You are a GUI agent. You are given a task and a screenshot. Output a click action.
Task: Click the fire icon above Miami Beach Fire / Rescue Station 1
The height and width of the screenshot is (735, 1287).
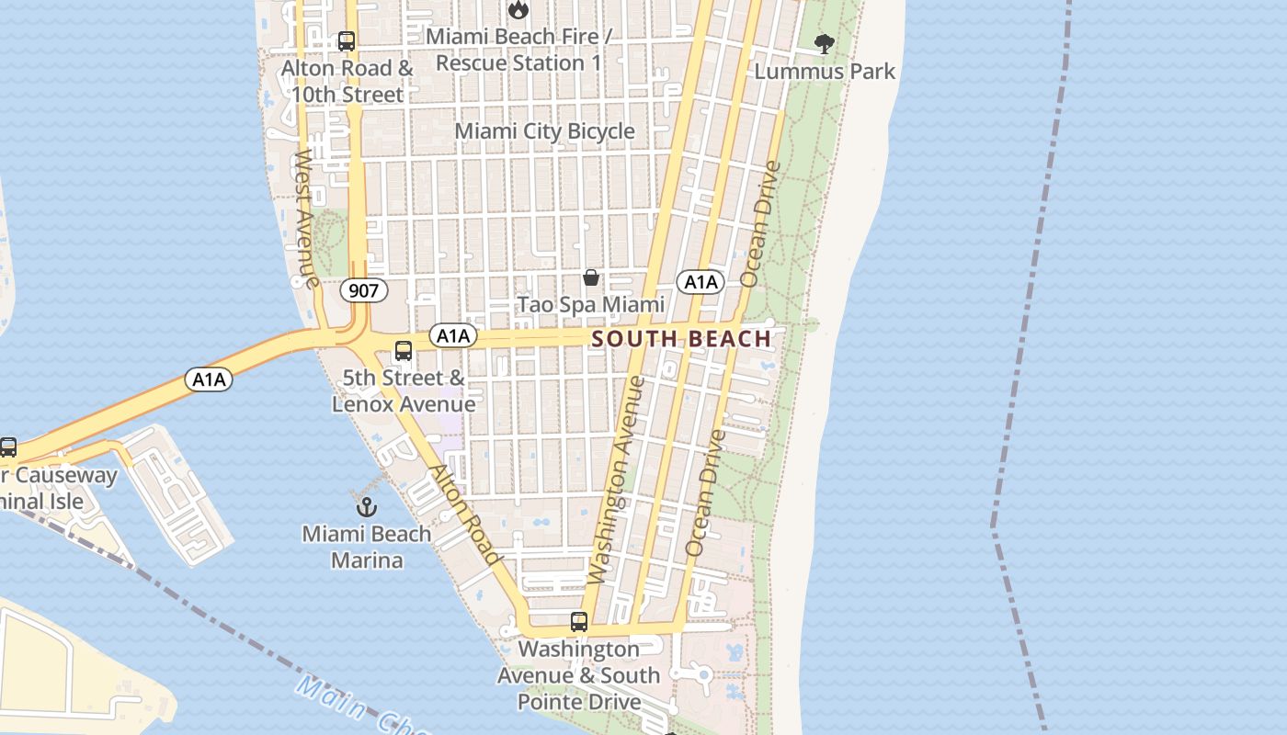(x=518, y=10)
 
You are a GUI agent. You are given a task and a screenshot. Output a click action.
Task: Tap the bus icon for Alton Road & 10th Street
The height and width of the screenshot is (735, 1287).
(x=347, y=41)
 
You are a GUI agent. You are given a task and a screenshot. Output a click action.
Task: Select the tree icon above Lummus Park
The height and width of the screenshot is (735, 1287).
(x=825, y=43)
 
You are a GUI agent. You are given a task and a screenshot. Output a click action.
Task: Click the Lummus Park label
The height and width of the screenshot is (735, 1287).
(x=825, y=71)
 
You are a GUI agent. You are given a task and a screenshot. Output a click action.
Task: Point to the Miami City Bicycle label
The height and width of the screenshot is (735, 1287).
(x=544, y=131)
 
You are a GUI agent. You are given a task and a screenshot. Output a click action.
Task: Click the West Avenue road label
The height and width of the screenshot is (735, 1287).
(x=306, y=219)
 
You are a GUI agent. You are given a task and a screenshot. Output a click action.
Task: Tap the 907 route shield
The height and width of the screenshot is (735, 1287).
(x=364, y=291)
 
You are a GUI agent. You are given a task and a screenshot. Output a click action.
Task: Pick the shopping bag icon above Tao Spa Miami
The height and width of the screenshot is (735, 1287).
(x=591, y=277)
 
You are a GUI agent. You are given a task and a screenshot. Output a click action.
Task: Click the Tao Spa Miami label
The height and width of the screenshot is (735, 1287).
(x=590, y=304)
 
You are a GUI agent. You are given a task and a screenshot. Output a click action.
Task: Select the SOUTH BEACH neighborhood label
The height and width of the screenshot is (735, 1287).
(x=681, y=339)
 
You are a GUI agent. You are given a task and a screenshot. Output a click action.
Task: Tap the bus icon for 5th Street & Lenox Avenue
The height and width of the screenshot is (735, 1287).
(x=403, y=351)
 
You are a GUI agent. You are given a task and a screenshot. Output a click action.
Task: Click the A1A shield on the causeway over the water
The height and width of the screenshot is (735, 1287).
(x=210, y=379)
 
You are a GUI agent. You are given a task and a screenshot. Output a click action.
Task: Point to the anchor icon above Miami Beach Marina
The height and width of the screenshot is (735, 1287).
(x=366, y=506)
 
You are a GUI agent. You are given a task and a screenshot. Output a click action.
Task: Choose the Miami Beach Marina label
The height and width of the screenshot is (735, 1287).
(x=366, y=547)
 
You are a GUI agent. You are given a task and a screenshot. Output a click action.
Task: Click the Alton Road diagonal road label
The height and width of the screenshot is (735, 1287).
(x=466, y=515)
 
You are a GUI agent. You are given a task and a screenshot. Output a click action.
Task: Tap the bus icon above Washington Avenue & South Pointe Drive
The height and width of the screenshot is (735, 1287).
(x=578, y=622)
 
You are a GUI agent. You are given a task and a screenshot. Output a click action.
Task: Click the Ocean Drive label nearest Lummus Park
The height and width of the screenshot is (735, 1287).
(x=760, y=223)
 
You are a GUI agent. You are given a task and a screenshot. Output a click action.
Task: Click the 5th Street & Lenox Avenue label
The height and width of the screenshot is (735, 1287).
(x=404, y=390)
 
